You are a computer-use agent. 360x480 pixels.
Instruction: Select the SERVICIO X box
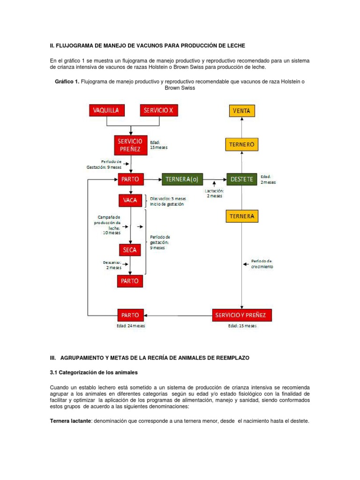(x=159, y=111)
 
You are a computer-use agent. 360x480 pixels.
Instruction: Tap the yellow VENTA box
(x=242, y=111)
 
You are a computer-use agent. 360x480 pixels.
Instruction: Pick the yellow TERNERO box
(x=242, y=144)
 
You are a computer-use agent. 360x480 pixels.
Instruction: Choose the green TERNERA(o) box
(x=183, y=179)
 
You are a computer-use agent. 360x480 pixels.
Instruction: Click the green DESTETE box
(x=242, y=179)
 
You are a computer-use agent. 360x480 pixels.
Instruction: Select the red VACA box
(x=130, y=201)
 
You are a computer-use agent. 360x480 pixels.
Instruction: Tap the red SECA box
(x=130, y=249)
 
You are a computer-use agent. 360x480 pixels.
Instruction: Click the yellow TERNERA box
(x=242, y=216)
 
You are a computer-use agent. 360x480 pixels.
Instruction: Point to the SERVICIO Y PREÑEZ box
(x=242, y=315)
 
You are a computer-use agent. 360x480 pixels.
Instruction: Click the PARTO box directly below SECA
(x=130, y=281)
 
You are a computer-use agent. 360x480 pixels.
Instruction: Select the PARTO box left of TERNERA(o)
(x=131, y=179)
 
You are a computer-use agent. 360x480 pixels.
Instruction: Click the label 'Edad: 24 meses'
(x=131, y=326)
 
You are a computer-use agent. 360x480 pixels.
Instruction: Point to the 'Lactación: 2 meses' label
(x=214, y=193)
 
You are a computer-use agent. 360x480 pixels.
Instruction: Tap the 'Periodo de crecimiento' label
(x=262, y=263)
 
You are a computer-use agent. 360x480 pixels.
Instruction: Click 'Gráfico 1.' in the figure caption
(x=67, y=82)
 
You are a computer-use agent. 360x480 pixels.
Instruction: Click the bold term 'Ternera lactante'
(x=71, y=421)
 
